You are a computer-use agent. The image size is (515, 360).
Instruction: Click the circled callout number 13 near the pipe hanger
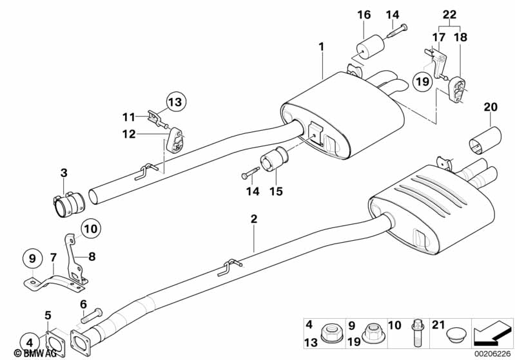point(175,101)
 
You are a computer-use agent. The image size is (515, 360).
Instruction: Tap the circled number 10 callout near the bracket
point(91,227)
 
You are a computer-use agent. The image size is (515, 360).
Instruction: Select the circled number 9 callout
point(30,259)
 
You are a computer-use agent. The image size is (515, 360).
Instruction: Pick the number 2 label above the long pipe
point(254,219)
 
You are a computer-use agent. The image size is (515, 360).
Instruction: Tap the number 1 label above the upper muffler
point(320,46)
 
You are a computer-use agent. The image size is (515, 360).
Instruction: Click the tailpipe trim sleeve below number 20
point(486,141)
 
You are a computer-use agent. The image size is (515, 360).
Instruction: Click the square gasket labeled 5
point(51,341)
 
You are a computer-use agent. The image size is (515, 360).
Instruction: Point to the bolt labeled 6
point(92,314)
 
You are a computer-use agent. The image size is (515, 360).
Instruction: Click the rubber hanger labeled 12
point(175,140)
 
